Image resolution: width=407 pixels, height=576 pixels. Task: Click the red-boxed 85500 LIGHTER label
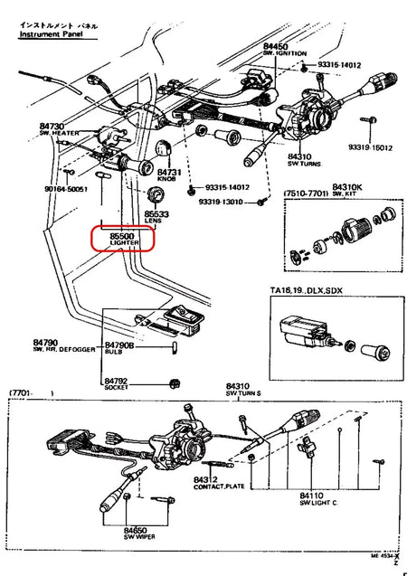pyautogui.click(x=122, y=238)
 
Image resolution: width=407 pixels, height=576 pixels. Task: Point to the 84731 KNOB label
pyautogui.click(x=168, y=175)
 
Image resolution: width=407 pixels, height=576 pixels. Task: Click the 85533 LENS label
pyautogui.click(x=156, y=218)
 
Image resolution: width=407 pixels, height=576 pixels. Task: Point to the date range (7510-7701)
pyautogui.click(x=306, y=194)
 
